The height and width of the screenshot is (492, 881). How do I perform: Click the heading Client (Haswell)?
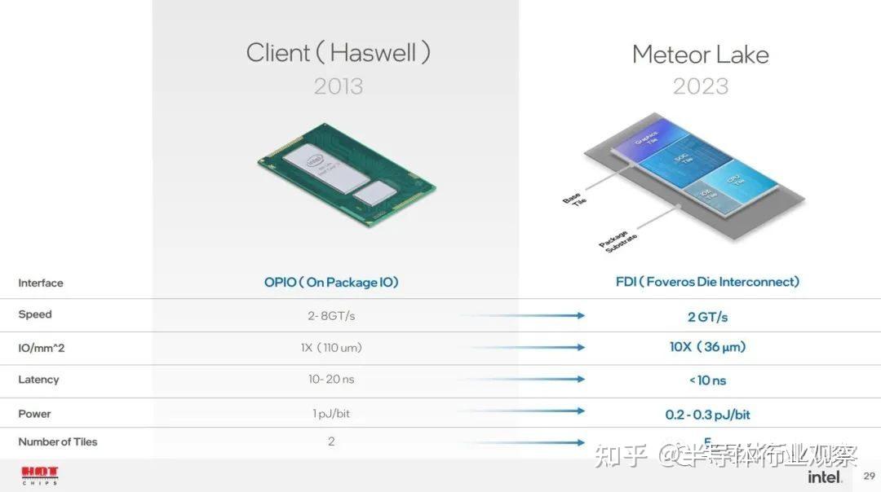338,53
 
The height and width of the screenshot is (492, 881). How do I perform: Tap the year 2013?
338,86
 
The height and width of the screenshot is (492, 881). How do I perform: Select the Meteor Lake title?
700,55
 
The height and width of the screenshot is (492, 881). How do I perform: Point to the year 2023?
700,86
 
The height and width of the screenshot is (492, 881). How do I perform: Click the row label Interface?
40,283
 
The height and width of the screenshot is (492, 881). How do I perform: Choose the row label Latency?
38,380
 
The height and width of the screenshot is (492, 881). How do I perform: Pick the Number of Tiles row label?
57,441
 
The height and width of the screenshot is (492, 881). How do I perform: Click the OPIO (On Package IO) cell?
331,283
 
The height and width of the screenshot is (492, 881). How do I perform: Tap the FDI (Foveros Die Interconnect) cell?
707,282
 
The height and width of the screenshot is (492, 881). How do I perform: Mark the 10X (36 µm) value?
707,347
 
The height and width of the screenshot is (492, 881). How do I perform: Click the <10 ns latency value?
707,380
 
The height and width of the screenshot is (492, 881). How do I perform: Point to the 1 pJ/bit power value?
330,414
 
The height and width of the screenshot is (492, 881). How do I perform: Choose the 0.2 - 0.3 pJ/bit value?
707,415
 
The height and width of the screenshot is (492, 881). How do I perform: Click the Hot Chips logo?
40,474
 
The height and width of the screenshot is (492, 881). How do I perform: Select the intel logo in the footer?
825,477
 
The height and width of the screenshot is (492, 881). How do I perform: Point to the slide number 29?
868,476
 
